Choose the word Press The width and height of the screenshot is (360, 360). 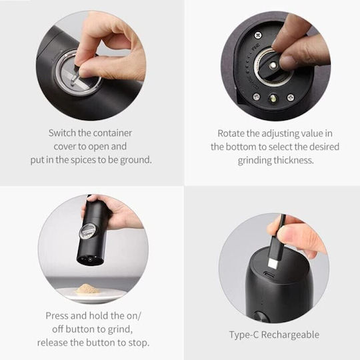click(x=57, y=316)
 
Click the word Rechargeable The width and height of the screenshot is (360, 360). click(x=290, y=335)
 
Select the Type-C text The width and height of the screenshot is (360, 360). click(x=244, y=335)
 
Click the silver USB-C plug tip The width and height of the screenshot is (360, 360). click(x=273, y=263)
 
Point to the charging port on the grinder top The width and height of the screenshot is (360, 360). click(x=268, y=274)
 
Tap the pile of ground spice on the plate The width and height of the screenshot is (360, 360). click(x=87, y=289)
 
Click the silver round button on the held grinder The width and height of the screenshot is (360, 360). click(x=87, y=231)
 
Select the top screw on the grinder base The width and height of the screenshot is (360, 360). click(x=258, y=35)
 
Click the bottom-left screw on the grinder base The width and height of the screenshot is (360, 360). click(x=256, y=97)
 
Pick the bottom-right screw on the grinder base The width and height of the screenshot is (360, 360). click(x=290, y=97)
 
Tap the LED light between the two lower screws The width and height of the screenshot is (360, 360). click(x=273, y=99)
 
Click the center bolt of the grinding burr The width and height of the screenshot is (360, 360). click(x=273, y=65)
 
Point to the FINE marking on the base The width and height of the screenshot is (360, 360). click(x=255, y=47)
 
